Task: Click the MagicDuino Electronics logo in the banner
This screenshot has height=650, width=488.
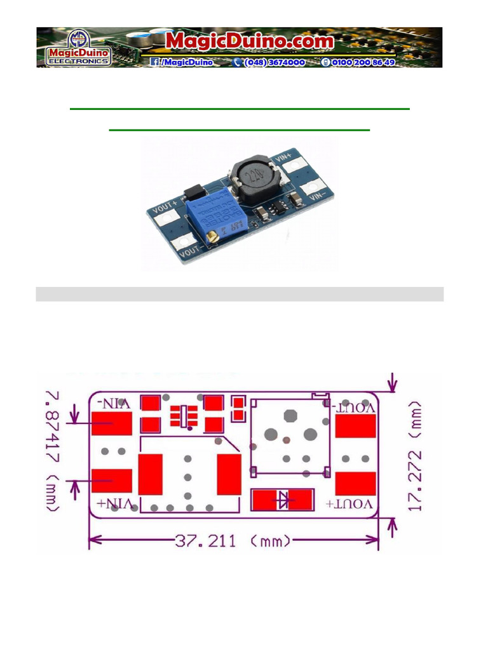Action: point(78,48)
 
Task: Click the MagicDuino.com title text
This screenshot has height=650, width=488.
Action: point(250,41)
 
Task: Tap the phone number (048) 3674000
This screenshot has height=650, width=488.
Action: point(269,62)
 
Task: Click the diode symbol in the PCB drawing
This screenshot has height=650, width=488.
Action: point(283,500)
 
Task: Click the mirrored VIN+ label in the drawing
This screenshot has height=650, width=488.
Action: point(115,503)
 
